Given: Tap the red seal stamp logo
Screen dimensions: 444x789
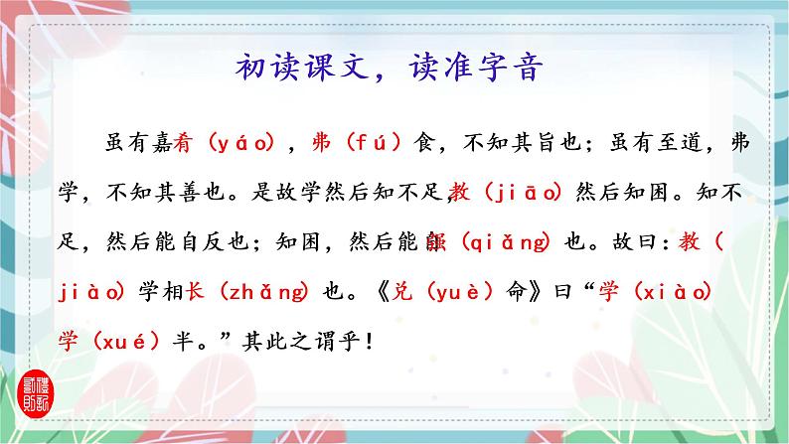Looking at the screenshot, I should [32, 392].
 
